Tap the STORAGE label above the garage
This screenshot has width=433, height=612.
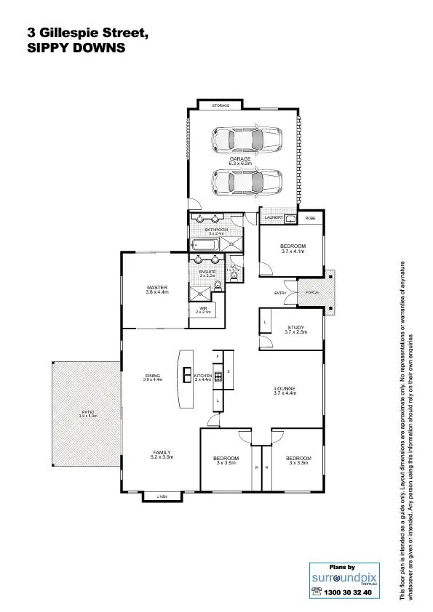(x=221, y=106)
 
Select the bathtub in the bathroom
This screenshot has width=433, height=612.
(x=204, y=245)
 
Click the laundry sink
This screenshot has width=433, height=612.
(x=290, y=218)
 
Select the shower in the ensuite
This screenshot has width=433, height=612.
(x=200, y=292)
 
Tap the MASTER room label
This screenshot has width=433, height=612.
(x=156, y=288)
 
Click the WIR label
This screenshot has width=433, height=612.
(x=203, y=308)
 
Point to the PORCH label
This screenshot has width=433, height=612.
(x=313, y=292)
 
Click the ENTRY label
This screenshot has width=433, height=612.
(x=280, y=293)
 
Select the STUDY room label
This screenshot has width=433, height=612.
(x=295, y=328)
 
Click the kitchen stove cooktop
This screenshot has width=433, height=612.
(x=218, y=375)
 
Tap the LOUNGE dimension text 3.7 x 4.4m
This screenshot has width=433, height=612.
(x=285, y=393)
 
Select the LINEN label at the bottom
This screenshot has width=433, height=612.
(x=162, y=496)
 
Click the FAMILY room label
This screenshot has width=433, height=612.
(x=162, y=452)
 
